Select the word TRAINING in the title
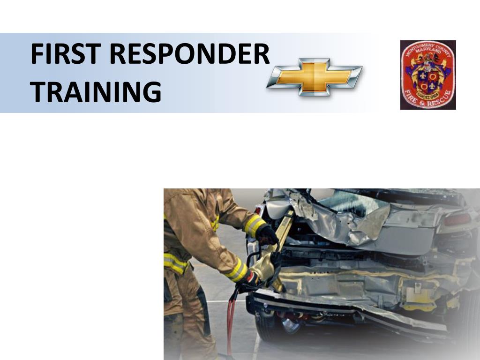(96, 91)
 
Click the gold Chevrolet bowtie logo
(314, 77)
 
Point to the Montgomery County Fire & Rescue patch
(428, 75)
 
